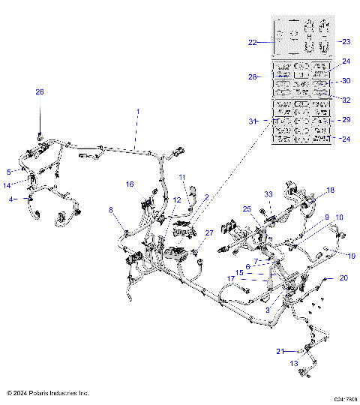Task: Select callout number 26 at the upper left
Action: click(40, 91)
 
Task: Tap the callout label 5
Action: click(9, 171)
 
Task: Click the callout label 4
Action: click(10, 199)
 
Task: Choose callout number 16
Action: click(129, 184)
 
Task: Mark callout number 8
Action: click(112, 211)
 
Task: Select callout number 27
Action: click(209, 233)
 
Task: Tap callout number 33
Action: click(268, 195)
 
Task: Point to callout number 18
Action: click(330, 190)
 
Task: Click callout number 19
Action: click(350, 255)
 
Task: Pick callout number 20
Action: click(344, 277)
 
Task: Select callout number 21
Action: click(279, 351)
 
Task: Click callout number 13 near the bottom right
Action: click(294, 363)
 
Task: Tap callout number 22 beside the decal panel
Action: click(253, 42)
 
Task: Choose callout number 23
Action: click(346, 42)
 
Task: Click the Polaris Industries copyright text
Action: click(48, 392)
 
